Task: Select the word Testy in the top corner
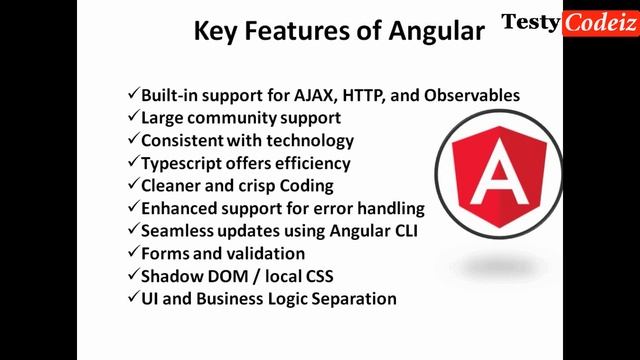tap(530, 22)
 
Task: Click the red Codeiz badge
tap(600, 22)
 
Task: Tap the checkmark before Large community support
tap(133, 118)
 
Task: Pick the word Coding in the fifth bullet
tap(307, 186)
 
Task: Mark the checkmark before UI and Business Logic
tap(133, 298)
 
